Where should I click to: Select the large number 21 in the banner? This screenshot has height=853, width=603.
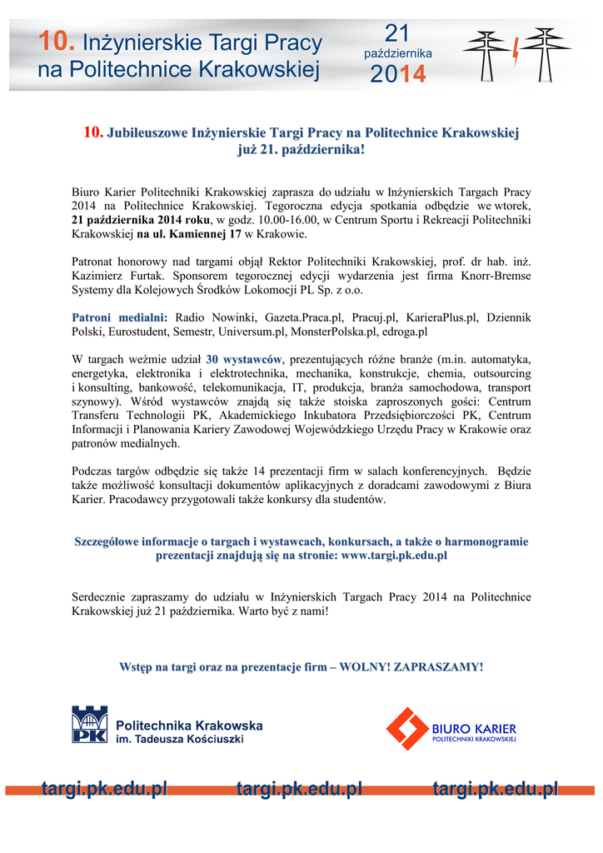click(x=397, y=32)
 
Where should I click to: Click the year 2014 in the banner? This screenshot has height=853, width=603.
click(x=397, y=74)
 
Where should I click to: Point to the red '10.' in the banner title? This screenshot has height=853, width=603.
click(x=58, y=42)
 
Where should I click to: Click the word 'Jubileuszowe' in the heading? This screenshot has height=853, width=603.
click(x=148, y=132)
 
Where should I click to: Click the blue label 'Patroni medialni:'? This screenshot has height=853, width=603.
click(x=120, y=318)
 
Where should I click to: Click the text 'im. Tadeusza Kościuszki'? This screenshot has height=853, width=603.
click(x=179, y=740)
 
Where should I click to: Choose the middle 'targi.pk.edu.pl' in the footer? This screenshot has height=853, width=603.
click(x=299, y=789)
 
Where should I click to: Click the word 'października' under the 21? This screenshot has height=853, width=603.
click(x=398, y=53)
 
